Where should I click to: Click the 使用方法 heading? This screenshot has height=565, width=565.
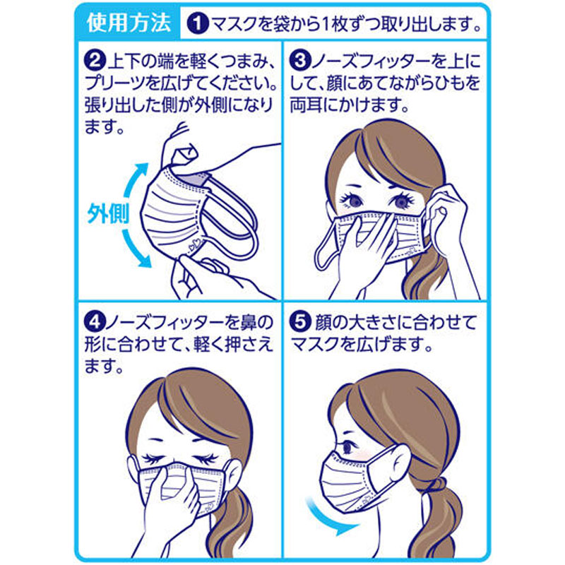tap(129, 23)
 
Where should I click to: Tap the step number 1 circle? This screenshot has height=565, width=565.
tap(198, 24)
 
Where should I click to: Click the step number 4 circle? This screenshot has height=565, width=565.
tap(95, 322)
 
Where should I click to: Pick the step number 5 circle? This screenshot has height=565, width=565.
tap(300, 322)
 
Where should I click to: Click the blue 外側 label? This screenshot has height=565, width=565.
tap(108, 215)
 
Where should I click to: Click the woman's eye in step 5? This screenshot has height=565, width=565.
tap(347, 448)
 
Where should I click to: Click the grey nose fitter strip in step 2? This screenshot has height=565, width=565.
tap(196, 179)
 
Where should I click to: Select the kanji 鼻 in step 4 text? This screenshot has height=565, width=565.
tap(249, 322)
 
